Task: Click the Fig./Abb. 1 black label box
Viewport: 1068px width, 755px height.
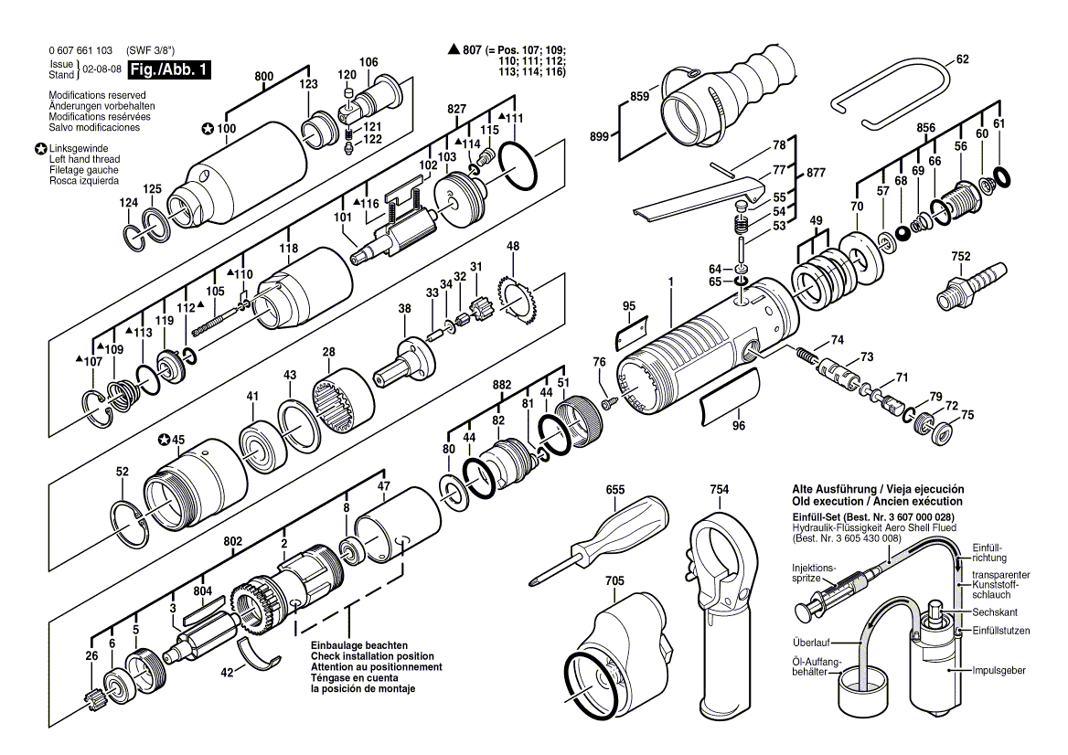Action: pyautogui.click(x=168, y=69)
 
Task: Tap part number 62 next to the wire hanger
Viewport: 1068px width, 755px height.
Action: pyautogui.click(x=961, y=60)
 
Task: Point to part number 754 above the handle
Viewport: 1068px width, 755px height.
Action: pyautogui.click(x=719, y=490)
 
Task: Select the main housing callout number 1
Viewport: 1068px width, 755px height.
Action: pyautogui.click(x=671, y=283)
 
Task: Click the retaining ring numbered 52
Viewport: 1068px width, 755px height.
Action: pyautogui.click(x=130, y=523)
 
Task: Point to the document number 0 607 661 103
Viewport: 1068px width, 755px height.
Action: pyautogui.click(x=80, y=50)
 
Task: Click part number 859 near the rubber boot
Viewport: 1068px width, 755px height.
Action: pyautogui.click(x=639, y=94)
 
